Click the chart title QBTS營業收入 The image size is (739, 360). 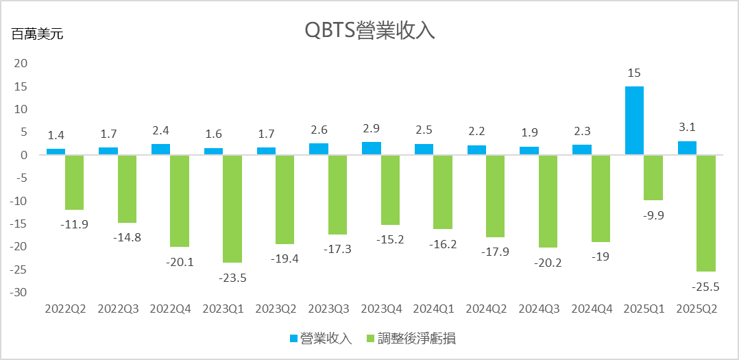(369, 31)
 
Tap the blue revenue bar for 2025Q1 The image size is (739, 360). (634, 121)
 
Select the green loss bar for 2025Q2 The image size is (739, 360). (706, 213)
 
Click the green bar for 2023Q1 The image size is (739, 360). (232, 208)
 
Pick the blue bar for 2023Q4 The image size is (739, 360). (372, 149)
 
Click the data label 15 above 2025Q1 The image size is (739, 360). (633, 73)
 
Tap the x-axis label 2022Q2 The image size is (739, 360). (66, 309)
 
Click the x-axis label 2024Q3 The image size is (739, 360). (539, 309)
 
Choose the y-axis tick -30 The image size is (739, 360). (20, 293)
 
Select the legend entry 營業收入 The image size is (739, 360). (319, 338)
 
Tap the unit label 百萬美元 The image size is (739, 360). (37, 34)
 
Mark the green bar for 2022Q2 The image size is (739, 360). (75, 182)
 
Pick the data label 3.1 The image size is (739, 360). (687, 127)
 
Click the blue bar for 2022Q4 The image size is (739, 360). (161, 149)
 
